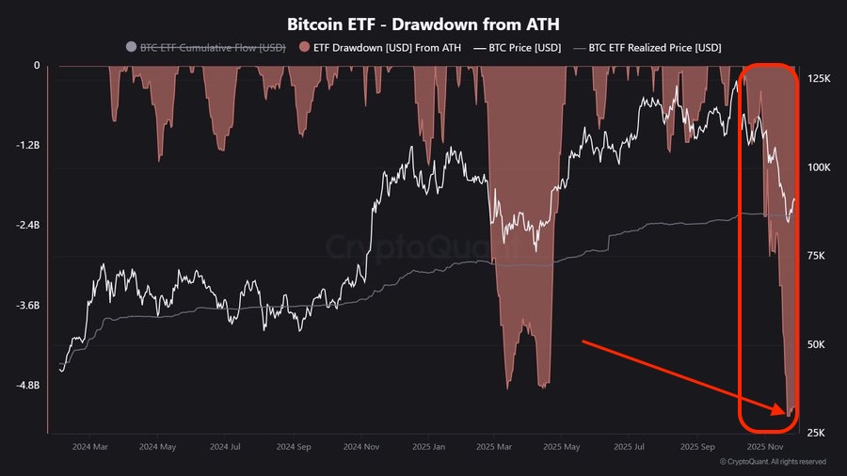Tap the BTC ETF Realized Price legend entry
tap(655, 47)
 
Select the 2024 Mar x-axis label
tap(89, 448)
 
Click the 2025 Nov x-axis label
tap(764, 448)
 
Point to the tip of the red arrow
tap(786, 412)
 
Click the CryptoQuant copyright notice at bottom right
tap(772, 462)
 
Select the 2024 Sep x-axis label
tap(293, 448)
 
